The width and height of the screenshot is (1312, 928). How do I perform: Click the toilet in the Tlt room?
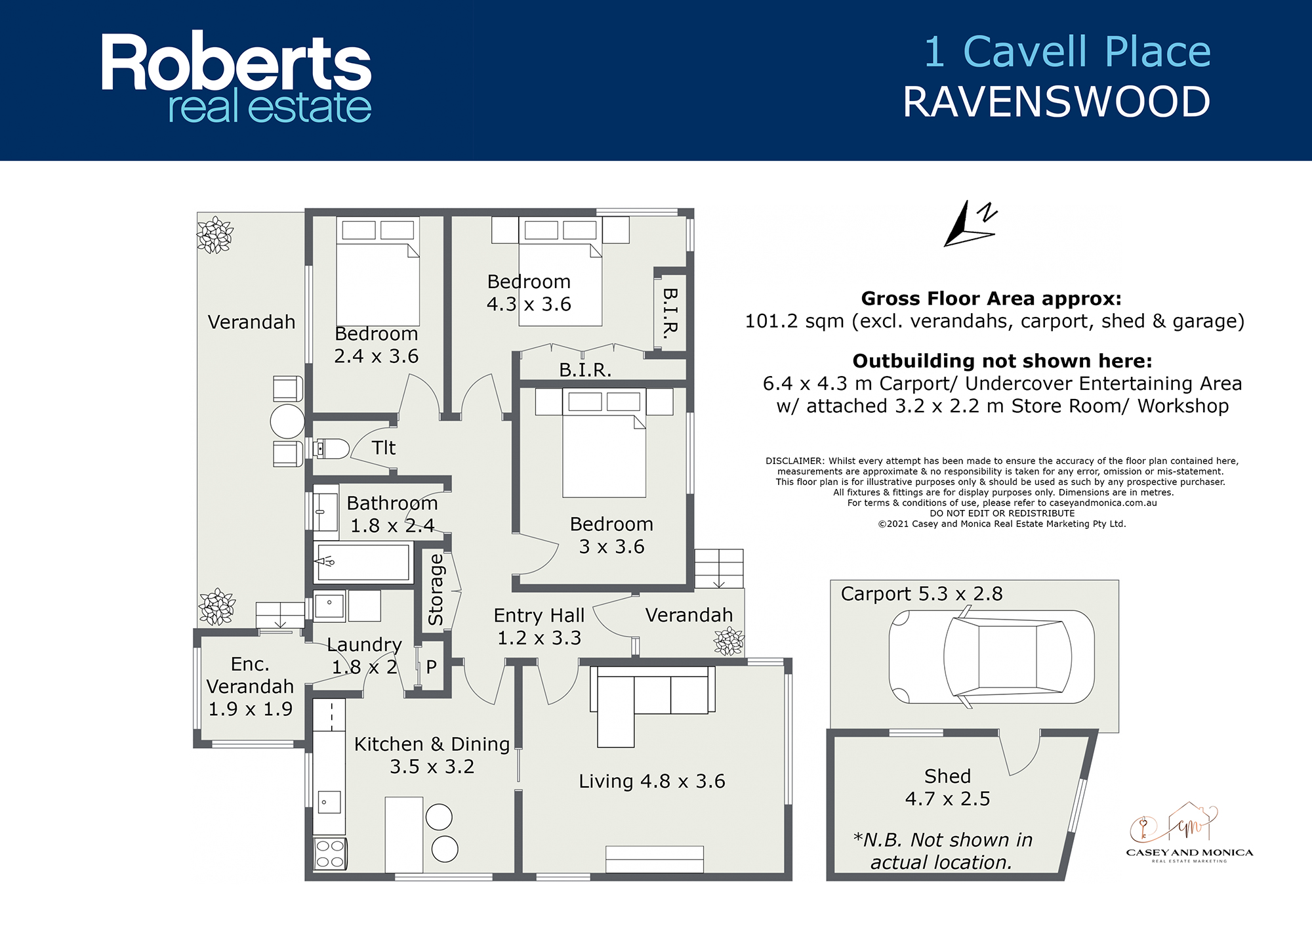[x=332, y=449]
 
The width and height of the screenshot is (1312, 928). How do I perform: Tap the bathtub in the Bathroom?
[x=363, y=562]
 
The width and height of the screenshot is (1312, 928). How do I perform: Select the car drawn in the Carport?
[x=991, y=656]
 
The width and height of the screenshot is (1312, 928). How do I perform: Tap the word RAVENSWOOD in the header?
[x=1057, y=102]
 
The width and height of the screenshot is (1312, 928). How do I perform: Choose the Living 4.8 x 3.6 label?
[x=651, y=781]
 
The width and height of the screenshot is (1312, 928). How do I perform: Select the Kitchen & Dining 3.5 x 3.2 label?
[x=432, y=755]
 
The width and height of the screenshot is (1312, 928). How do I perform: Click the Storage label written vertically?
[x=436, y=589]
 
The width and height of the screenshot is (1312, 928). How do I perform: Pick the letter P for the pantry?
[x=431, y=667]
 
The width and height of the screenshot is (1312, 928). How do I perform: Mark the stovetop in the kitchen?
[x=330, y=854]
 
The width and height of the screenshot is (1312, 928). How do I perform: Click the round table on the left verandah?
[x=287, y=421]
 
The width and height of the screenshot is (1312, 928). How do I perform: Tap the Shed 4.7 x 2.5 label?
[x=947, y=787]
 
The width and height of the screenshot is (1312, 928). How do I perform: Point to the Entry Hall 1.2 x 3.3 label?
[x=539, y=626]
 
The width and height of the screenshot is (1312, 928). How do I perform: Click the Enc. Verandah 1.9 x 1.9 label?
[x=250, y=686]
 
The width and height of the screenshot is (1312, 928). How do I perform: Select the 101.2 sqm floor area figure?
[x=794, y=321]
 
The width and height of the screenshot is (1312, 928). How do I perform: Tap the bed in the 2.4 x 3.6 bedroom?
[x=378, y=271]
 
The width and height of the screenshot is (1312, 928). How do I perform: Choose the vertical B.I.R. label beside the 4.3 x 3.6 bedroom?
[x=670, y=313]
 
